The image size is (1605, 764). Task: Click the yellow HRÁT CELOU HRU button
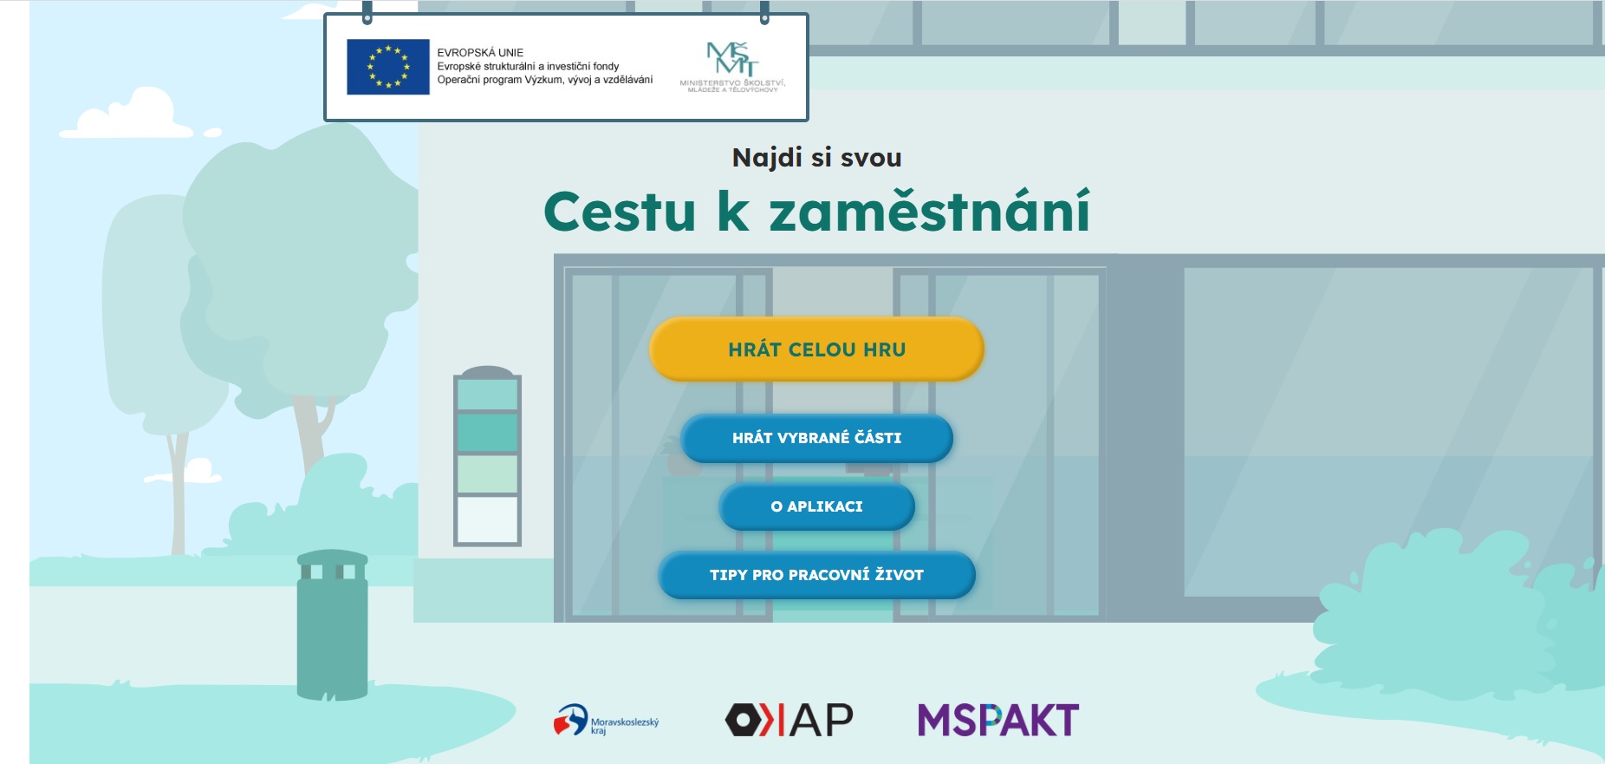click(x=816, y=349)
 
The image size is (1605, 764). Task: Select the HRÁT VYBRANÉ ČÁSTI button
click(x=816, y=438)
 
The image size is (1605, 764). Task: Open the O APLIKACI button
click(x=816, y=506)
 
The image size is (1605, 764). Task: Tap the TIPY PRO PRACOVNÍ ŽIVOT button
click(x=816, y=575)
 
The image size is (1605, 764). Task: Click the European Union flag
click(x=388, y=67)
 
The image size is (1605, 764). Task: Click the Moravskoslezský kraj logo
click(x=606, y=720)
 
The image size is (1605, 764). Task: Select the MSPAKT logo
click(x=998, y=720)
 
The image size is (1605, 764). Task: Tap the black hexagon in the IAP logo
click(x=743, y=720)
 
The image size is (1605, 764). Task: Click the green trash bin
click(x=333, y=624)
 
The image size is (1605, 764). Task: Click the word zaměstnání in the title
click(x=929, y=211)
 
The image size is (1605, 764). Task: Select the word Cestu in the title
click(x=620, y=212)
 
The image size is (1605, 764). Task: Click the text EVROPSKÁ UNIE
click(x=480, y=53)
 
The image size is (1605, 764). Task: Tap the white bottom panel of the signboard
click(x=487, y=519)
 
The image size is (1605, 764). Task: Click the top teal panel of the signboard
click(x=487, y=395)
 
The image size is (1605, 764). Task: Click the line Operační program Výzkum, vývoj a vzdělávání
click(x=545, y=80)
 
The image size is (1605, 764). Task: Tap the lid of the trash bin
click(x=333, y=558)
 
